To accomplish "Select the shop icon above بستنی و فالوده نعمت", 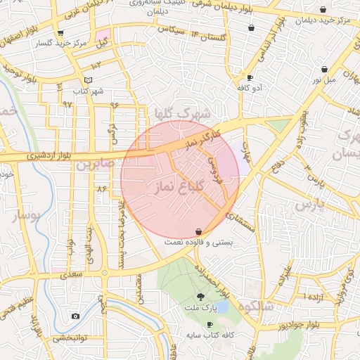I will click(199, 231).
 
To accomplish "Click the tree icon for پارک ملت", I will click(201, 297).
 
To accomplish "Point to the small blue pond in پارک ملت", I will click(222, 307).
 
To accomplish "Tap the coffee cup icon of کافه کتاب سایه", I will click(210, 324).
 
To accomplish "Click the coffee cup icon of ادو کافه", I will click(250, 77).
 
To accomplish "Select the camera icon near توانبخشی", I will click(75, 316).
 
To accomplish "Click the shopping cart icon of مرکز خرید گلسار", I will click(60, 33).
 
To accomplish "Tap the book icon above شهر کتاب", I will click(88, 80).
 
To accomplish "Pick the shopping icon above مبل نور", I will click(324, 69).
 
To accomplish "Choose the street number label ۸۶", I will click(102, 188).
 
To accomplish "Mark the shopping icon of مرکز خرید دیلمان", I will click(323, 10).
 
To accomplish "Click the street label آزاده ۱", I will click(314, 297).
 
